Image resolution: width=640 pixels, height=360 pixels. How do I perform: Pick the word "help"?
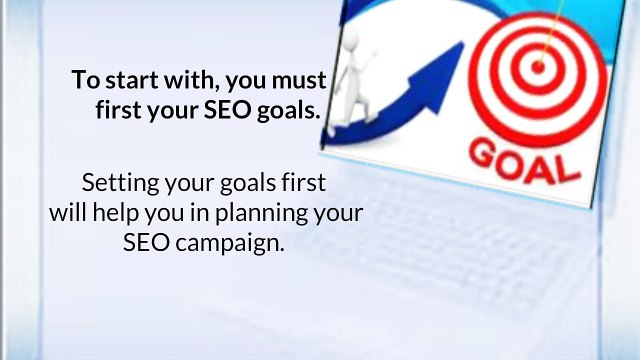point(125,214)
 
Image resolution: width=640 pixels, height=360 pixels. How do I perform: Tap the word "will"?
point(70,214)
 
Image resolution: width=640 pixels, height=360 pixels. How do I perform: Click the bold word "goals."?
point(289,111)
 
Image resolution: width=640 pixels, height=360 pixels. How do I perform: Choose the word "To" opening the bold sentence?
point(83,80)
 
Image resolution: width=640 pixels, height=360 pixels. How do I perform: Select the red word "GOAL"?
point(525,159)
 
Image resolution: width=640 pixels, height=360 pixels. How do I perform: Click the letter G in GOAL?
point(486,152)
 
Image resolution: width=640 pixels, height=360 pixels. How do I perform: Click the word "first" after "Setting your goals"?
point(300,185)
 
